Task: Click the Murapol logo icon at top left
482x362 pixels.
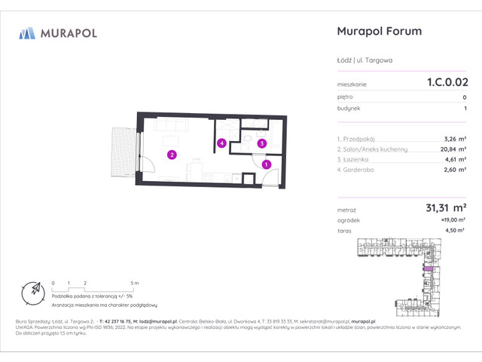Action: point(27,33)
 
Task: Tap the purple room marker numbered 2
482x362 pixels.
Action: point(172,155)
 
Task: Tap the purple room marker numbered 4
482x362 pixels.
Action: point(221,143)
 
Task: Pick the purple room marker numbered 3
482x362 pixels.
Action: point(261,143)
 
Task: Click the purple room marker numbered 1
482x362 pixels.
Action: point(266,164)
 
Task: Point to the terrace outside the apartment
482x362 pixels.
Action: point(123,152)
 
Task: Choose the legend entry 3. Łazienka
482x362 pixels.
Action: point(356,160)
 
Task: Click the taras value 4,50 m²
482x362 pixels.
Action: point(453,232)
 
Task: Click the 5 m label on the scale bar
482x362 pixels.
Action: point(133,282)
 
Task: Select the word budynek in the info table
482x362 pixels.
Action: point(349,109)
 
